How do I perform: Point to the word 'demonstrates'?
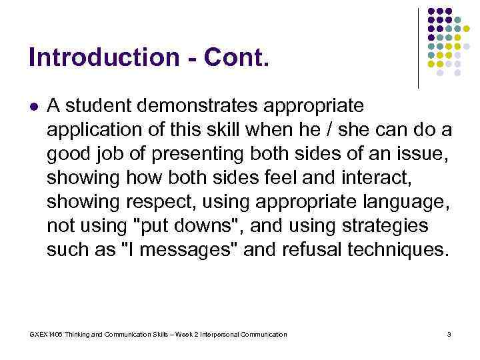194,105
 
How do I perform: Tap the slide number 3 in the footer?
449,334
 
